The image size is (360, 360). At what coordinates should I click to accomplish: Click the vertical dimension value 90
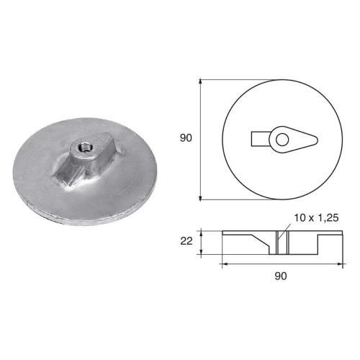pos(186,138)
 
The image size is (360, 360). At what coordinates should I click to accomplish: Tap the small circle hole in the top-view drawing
pos(282,137)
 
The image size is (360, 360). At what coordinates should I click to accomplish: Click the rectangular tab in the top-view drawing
pos(261,137)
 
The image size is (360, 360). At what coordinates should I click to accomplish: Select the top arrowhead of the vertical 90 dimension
pos(200,81)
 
